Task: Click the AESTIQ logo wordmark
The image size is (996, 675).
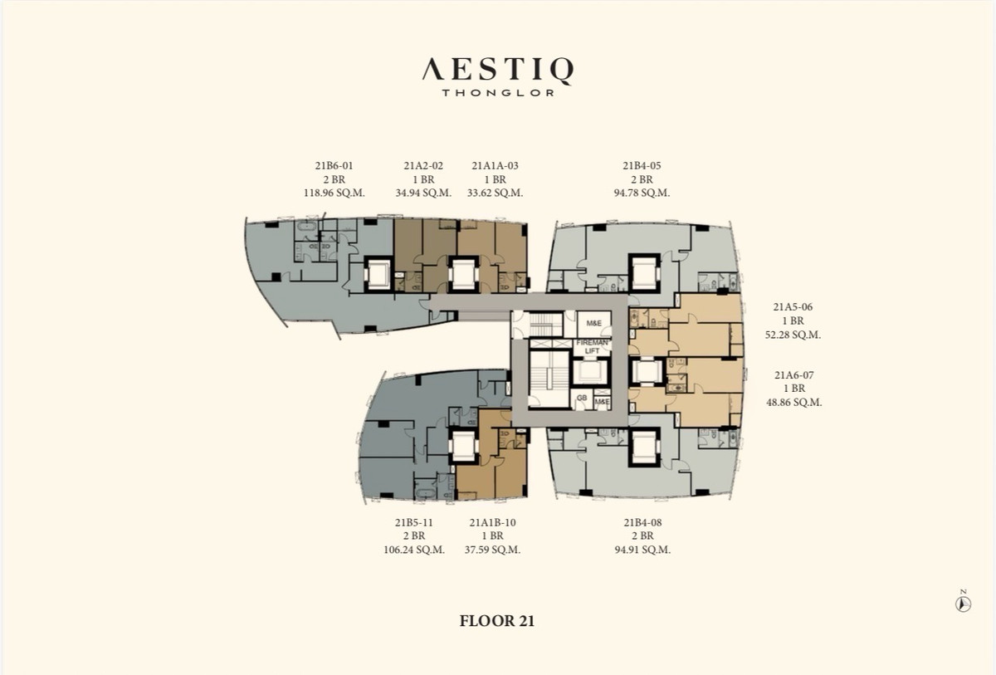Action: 497,71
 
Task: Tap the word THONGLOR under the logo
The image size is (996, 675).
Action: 498,93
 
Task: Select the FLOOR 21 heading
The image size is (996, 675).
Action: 496,621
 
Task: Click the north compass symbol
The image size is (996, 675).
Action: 963,604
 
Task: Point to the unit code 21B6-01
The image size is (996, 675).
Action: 334,166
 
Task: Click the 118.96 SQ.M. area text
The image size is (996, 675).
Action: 334,193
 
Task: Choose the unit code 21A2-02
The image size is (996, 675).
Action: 423,166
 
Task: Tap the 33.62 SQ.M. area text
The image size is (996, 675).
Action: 495,193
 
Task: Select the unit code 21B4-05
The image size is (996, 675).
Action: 642,166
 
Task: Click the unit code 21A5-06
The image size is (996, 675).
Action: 793,307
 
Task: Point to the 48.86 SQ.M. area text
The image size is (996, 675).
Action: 793,403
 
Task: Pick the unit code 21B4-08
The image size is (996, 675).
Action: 642,522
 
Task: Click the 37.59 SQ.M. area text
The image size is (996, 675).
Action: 493,550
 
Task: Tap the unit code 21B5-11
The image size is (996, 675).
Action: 413,522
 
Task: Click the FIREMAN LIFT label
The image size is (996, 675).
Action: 592,347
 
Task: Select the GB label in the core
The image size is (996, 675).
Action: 582,398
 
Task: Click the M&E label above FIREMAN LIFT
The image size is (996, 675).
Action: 594,323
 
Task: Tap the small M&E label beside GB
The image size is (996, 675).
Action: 602,402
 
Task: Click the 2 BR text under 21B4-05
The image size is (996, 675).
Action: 642,179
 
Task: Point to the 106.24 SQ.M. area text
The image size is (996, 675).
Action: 414,550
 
